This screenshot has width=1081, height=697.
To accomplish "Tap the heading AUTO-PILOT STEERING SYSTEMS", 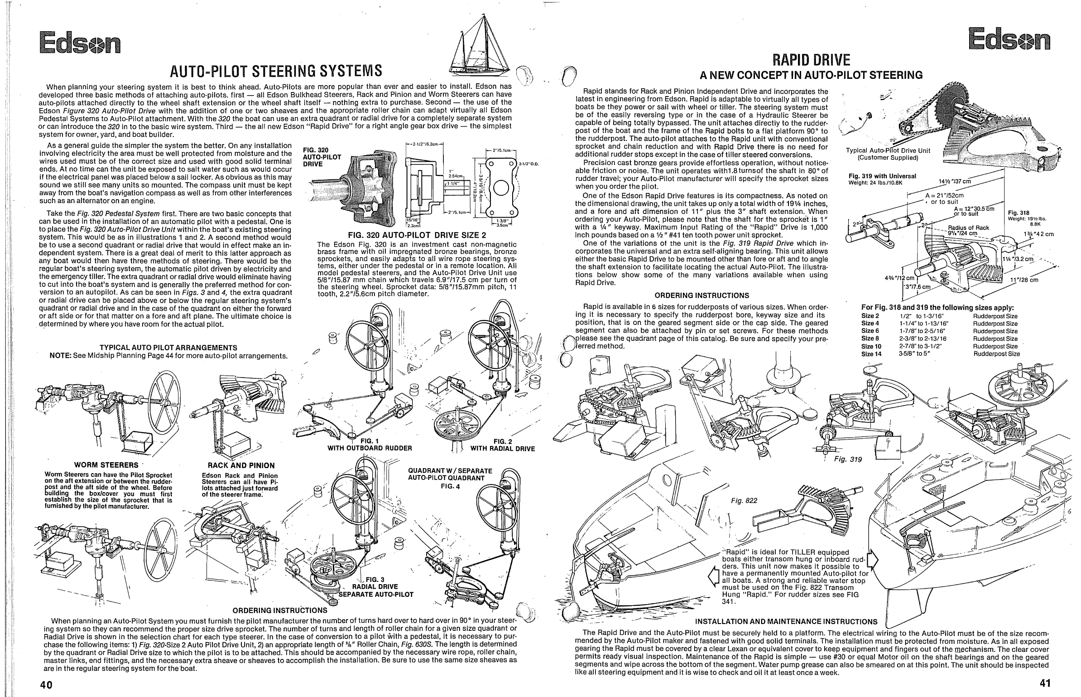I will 276,71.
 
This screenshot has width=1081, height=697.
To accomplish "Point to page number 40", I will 46,684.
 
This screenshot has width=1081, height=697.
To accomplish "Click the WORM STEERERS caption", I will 107,465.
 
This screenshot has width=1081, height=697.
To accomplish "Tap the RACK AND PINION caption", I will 241,465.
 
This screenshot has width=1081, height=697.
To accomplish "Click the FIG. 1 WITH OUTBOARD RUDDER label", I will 370,445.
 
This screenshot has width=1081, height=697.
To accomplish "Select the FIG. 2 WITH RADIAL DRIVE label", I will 503,445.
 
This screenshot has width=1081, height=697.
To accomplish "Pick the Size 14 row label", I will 871,354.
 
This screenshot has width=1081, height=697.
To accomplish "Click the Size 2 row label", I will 870,316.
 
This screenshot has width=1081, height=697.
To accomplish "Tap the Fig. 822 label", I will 744,500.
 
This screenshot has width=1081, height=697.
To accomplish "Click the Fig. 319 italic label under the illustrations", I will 848,459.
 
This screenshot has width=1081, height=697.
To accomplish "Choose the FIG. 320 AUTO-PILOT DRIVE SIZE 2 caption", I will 417,235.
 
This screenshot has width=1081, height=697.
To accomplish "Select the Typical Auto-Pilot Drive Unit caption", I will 888,154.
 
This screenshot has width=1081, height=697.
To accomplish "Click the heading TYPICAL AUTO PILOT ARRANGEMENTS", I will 168,348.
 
